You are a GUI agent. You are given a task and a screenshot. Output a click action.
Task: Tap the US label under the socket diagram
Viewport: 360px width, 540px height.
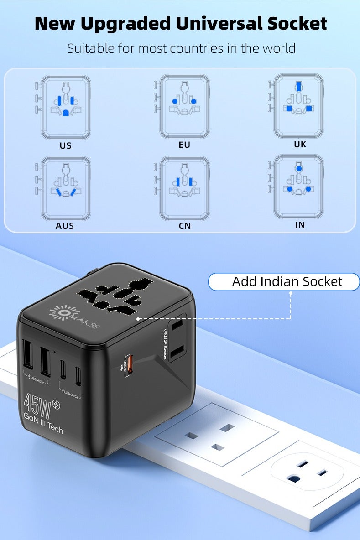click(x=65, y=146)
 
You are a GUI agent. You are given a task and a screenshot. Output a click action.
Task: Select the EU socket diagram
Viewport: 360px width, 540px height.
click(x=184, y=107)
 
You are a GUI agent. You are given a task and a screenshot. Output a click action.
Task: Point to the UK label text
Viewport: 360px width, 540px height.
click(x=300, y=144)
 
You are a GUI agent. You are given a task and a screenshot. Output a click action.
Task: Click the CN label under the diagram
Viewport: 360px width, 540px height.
click(x=185, y=226)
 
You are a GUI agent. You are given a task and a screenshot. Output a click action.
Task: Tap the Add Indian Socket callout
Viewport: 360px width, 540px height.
click(x=287, y=281)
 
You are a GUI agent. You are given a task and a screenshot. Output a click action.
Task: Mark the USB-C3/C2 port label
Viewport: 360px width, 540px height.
click(x=70, y=393)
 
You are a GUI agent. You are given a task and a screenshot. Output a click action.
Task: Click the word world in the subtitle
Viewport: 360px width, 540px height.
click(x=277, y=48)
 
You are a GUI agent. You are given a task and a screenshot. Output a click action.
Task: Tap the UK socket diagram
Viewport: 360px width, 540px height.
click(x=299, y=106)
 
